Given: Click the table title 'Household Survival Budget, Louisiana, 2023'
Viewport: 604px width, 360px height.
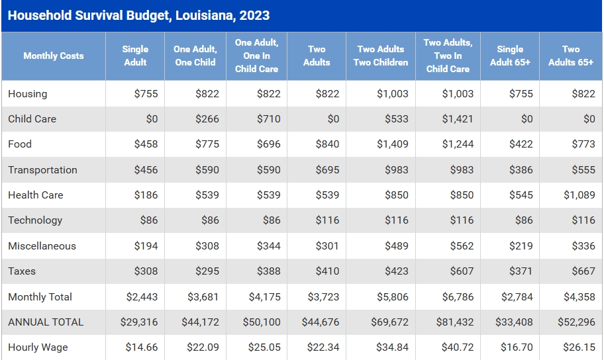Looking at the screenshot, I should (x=138, y=15).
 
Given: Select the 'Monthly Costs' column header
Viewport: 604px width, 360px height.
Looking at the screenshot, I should (x=54, y=56).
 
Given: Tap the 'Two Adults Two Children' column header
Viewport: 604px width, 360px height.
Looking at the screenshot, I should (x=381, y=56).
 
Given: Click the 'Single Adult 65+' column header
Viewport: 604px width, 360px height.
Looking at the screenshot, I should (x=510, y=56).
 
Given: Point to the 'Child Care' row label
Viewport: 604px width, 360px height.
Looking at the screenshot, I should (x=32, y=119).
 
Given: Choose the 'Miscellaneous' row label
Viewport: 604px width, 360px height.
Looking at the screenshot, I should (x=42, y=246).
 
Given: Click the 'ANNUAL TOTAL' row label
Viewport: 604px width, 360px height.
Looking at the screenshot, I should (x=46, y=322).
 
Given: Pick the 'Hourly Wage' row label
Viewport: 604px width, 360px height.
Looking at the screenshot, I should (x=38, y=347).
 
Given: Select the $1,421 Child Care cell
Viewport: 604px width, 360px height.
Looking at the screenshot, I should (x=458, y=119).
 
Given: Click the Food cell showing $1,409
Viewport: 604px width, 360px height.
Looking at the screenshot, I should (x=393, y=144).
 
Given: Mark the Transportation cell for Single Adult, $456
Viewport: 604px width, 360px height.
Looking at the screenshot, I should (x=146, y=170).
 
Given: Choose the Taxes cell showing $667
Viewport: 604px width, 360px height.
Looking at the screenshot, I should (x=583, y=271).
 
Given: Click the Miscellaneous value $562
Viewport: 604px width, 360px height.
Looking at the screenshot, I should (x=462, y=246).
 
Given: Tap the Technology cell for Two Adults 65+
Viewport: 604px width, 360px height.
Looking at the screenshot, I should (x=583, y=220).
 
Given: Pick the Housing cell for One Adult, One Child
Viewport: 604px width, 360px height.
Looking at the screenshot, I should (x=207, y=94).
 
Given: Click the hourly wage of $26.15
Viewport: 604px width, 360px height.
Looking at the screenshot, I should (x=581, y=347).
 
